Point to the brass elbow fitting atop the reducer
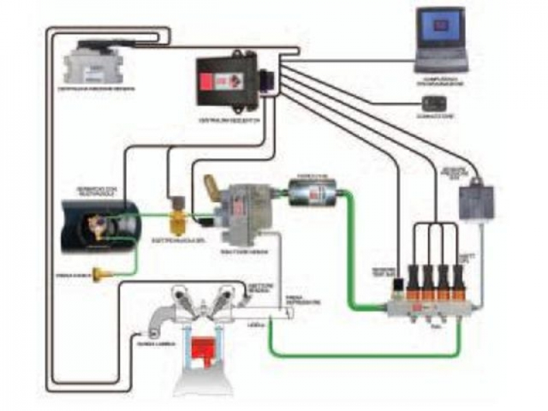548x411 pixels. click(212, 186)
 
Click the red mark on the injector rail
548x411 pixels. click(414, 312)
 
